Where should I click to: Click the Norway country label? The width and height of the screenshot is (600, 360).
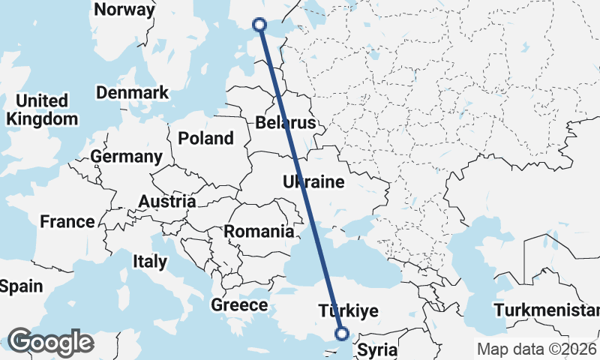point(125,10)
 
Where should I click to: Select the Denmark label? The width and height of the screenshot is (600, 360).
point(133,93)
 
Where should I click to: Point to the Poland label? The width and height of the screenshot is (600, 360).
point(205,139)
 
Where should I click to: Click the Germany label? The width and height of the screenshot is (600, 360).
point(126,157)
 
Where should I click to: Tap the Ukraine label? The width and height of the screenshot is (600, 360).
point(313,182)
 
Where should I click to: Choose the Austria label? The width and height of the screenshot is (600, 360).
point(167,202)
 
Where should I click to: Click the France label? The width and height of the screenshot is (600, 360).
point(67,222)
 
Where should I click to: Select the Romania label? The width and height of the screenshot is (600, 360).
point(259,232)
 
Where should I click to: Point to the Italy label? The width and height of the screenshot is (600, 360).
point(149,262)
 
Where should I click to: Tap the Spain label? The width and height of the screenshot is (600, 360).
point(21,286)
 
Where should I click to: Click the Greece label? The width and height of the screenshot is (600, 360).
point(239,305)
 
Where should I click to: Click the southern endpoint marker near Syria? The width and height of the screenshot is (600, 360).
point(342,334)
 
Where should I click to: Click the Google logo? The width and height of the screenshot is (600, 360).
point(50,342)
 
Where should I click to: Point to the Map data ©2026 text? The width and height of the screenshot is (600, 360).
point(535,349)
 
